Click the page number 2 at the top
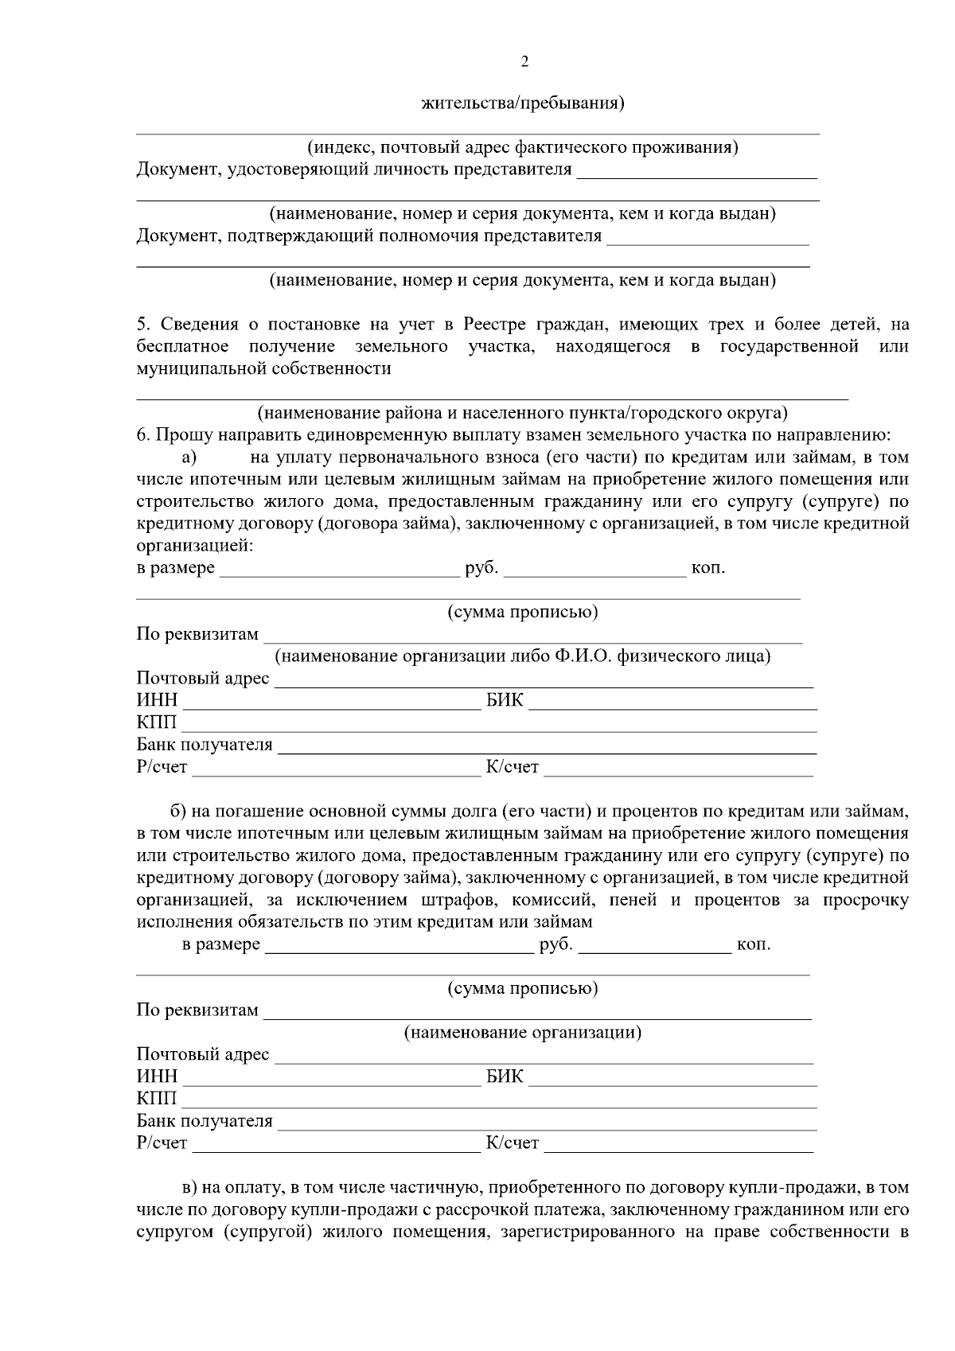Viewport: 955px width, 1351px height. (524, 62)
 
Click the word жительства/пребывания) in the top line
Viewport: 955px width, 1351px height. (522, 104)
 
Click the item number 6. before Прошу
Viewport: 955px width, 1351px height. (143, 435)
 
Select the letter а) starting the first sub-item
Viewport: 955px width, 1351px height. (189, 457)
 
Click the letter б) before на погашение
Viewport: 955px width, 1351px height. (178, 812)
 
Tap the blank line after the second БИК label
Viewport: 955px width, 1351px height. (672, 1079)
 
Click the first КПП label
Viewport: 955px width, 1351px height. (156, 723)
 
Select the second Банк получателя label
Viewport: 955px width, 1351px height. (205, 1121)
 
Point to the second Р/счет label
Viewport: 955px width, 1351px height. (162, 1143)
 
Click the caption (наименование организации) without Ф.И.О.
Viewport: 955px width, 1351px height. (523, 1033)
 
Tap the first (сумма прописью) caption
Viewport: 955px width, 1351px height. (523, 612)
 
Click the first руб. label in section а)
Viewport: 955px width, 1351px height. (481, 568)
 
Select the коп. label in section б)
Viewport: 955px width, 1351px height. (753, 944)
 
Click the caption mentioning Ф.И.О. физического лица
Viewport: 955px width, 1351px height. (523, 656)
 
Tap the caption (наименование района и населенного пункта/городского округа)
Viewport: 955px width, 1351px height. (522, 413)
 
